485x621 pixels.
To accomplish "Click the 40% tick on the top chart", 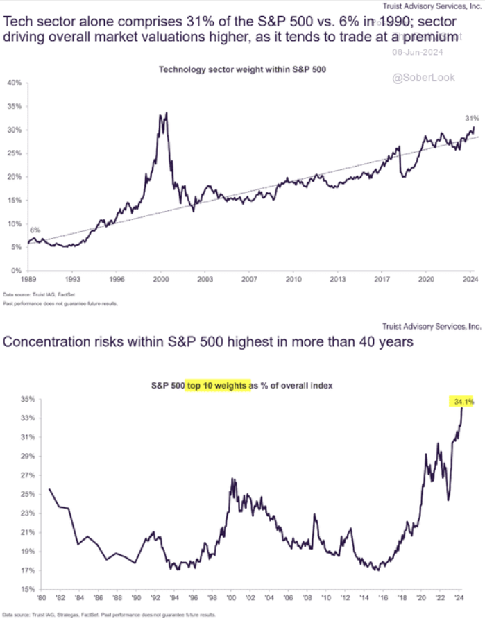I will [14, 83].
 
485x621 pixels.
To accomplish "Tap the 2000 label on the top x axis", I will [162, 280].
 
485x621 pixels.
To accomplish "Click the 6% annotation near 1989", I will [35, 230].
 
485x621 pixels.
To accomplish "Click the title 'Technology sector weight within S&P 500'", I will [242, 69].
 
